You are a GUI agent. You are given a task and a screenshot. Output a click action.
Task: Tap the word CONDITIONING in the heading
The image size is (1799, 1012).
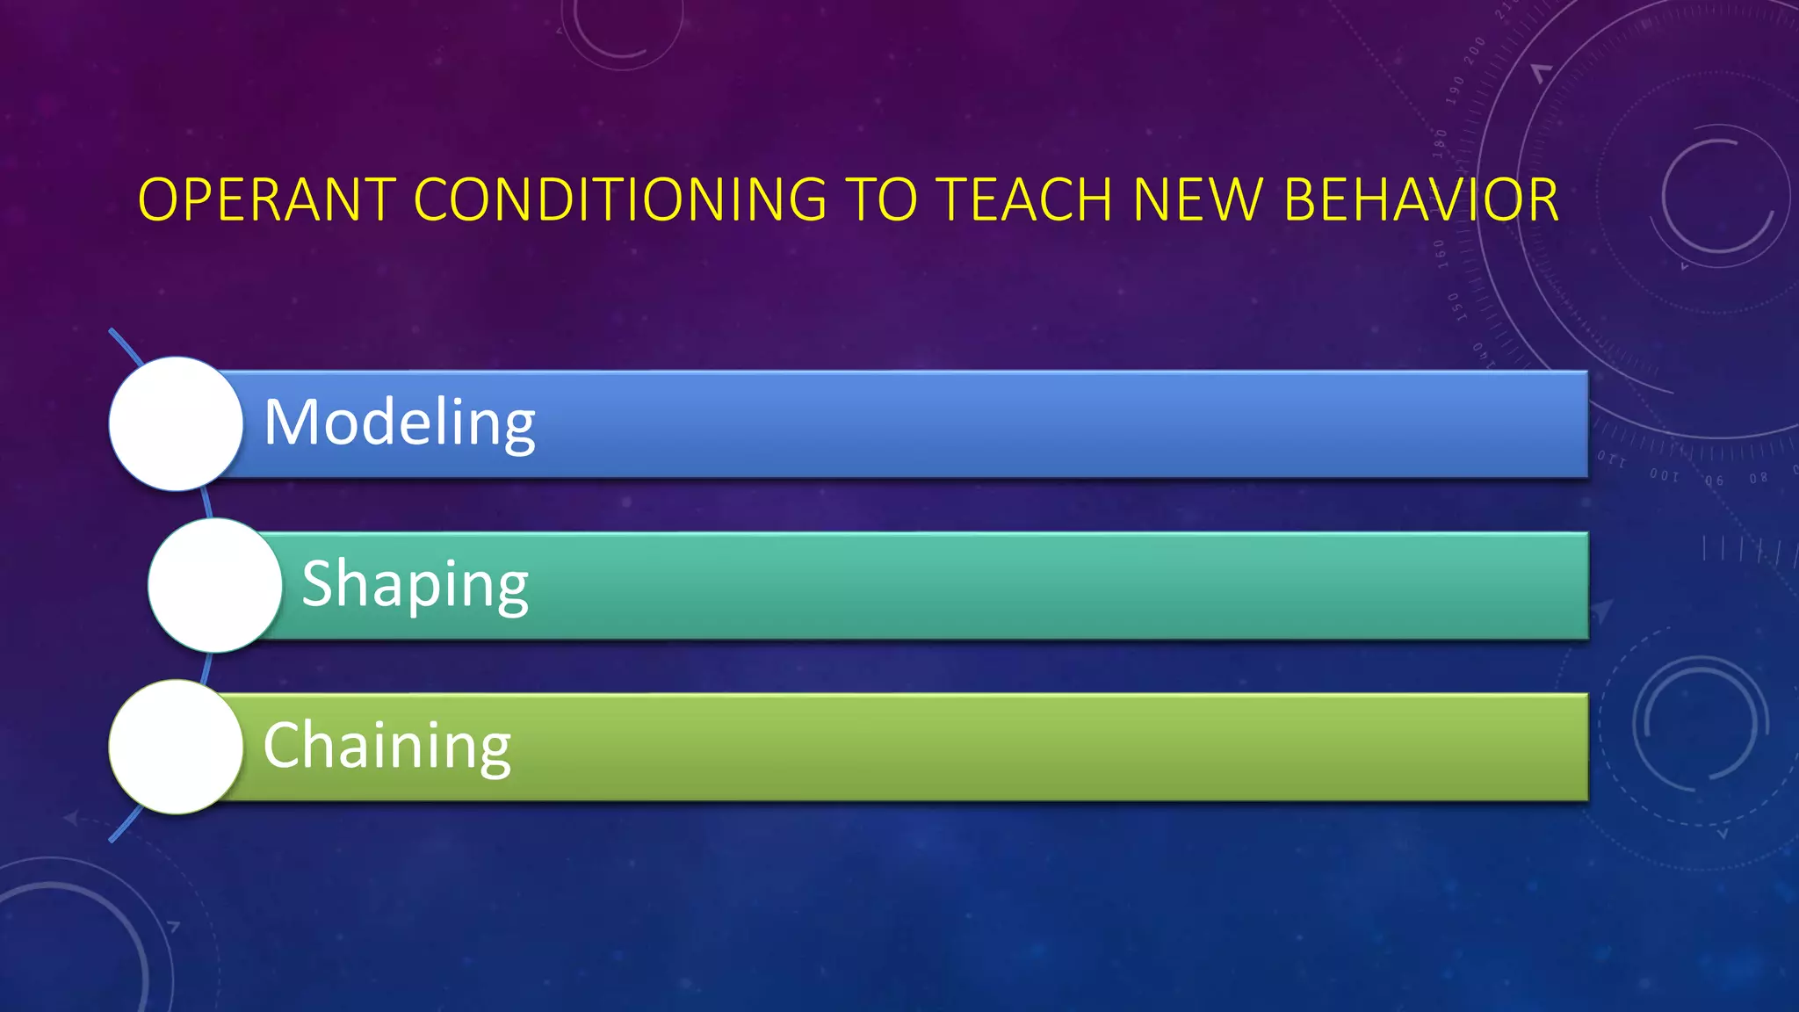point(619,200)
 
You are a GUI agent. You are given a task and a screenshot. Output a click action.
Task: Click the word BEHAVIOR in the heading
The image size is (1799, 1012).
point(1420,200)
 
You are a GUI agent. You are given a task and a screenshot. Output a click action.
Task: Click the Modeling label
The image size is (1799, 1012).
point(400,423)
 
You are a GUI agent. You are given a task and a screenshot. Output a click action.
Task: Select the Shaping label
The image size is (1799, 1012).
point(415,584)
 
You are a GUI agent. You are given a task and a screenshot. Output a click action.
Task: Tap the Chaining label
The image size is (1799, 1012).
point(387,746)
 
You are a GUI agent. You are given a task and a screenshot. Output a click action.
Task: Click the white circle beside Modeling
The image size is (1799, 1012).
point(176,423)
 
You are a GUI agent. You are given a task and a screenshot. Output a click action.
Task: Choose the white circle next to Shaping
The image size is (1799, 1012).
point(214,585)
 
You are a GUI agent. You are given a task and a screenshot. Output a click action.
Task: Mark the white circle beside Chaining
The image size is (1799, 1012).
point(176,747)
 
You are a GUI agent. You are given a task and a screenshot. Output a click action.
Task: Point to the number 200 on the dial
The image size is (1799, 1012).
point(1475,50)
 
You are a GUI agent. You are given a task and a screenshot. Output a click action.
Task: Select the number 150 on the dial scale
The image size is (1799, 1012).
point(1455,307)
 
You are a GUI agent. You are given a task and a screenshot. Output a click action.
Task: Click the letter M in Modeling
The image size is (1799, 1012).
point(290,423)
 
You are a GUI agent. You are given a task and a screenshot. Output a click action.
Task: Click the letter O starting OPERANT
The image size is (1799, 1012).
point(158,200)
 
